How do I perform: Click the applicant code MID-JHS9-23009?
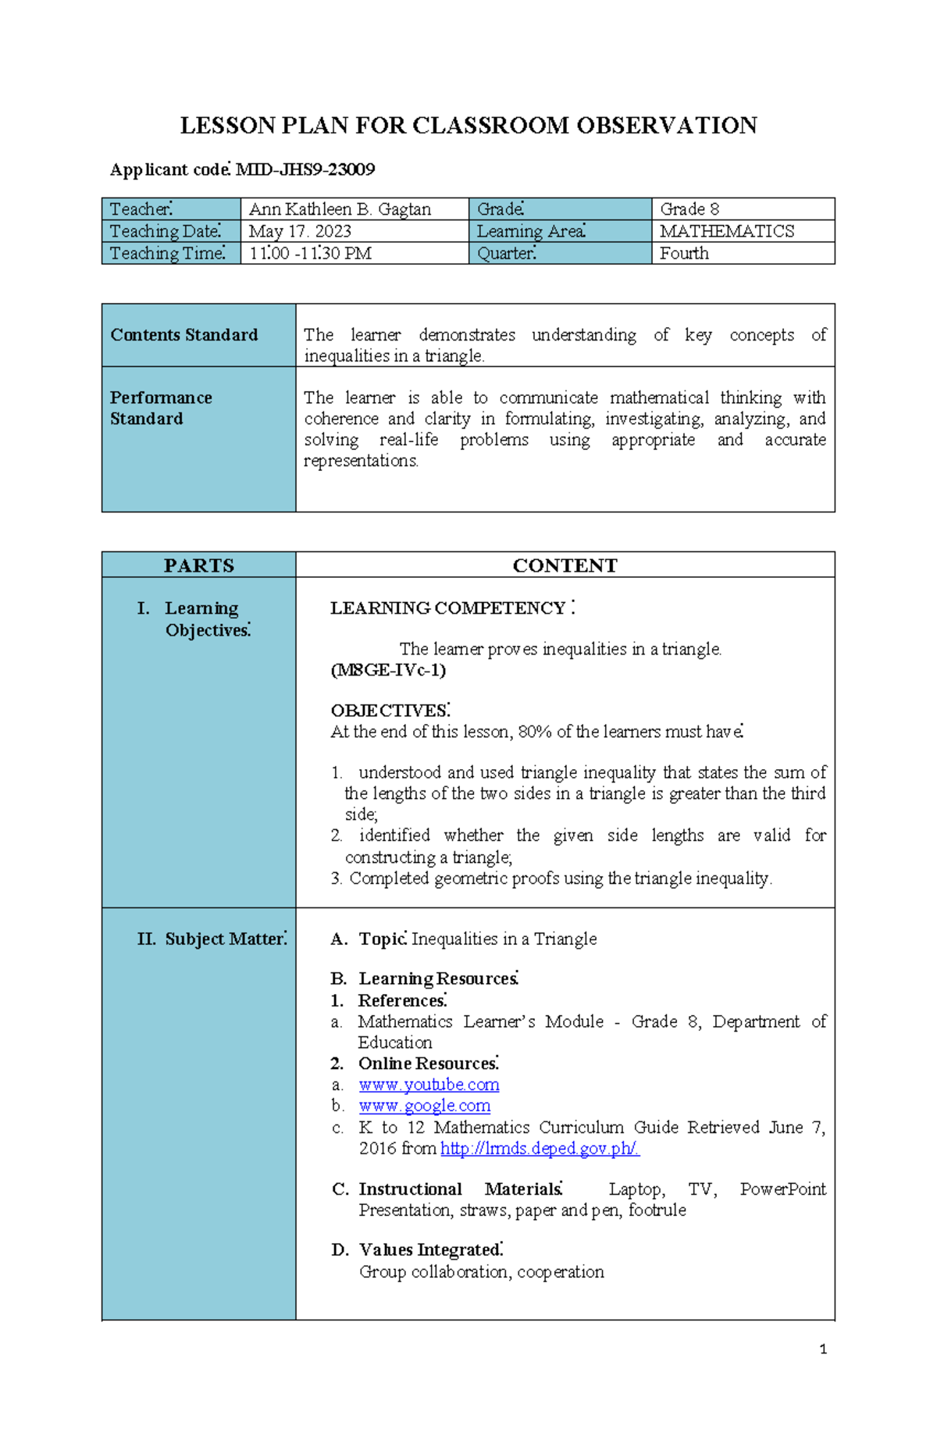click(305, 169)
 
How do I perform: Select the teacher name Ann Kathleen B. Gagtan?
click(340, 209)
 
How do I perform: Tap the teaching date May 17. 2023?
click(300, 231)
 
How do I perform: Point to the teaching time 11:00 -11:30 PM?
click(310, 253)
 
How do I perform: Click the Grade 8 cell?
click(689, 209)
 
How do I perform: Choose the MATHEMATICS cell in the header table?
click(727, 231)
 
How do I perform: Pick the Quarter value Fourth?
click(684, 253)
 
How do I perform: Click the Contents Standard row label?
click(184, 335)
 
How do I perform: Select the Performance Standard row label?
click(161, 408)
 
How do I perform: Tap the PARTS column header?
click(198, 565)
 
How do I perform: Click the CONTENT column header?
click(565, 565)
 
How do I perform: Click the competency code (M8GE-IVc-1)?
click(388, 670)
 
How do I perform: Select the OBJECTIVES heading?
click(390, 711)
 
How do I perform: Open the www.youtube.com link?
click(429, 1085)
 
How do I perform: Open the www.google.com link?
click(424, 1106)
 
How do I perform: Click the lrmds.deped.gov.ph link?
click(540, 1148)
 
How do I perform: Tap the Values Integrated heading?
click(430, 1249)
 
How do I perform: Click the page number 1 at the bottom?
click(823, 1349)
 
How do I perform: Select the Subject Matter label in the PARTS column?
click(225, 939)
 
